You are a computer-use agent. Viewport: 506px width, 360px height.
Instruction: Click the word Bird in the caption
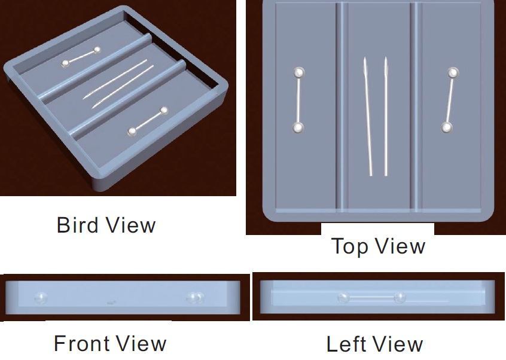coord(77,225)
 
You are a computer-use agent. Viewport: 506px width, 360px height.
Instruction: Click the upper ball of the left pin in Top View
coord(298,72)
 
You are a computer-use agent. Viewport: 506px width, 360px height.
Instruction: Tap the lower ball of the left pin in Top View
coord(297,127)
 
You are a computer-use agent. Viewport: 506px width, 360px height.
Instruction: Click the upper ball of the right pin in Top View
coord(453,73)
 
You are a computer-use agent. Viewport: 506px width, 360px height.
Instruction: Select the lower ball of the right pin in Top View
coord(446,127)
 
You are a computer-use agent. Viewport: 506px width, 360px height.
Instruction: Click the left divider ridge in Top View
coord(342,108)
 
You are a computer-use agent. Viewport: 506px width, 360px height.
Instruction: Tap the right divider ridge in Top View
coord(416,108)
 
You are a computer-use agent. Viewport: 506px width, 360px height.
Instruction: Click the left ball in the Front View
coord(41,298)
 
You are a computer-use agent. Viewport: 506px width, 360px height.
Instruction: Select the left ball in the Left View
coord(343,297)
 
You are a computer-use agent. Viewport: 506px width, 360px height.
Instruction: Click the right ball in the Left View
coord(400,297)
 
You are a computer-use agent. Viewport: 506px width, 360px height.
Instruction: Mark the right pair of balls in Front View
coord(194,298)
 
